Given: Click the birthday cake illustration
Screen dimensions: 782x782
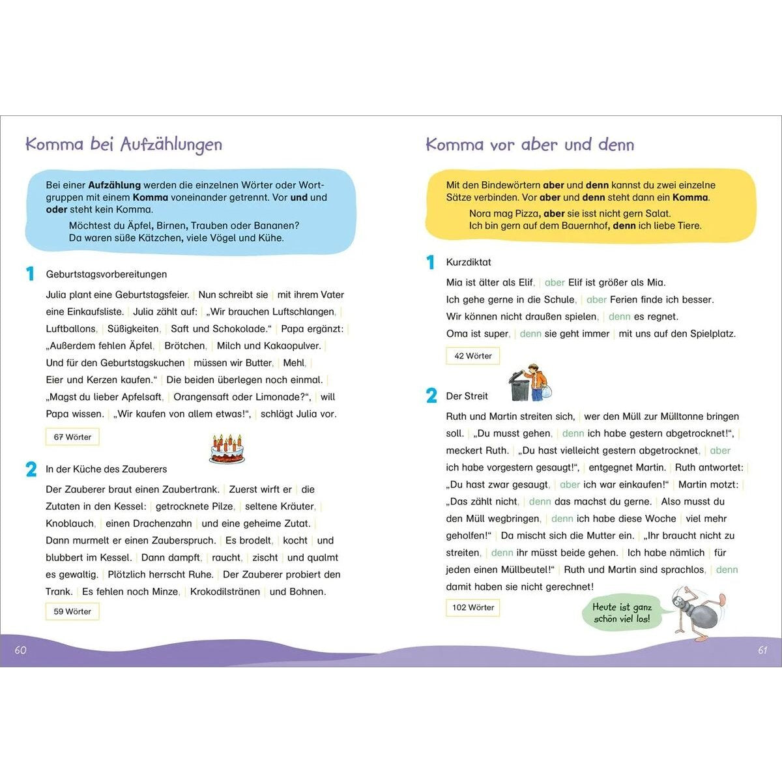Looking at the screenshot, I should coord(227,449).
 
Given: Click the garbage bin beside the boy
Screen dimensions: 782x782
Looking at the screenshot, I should coord(519,387).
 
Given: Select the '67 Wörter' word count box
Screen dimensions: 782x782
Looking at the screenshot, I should coord(72,437).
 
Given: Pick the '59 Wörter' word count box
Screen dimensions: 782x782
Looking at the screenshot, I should coord(72,611).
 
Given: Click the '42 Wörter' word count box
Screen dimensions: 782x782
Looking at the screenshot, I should coord(473,356).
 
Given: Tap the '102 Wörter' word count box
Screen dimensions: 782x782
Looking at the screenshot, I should coord(473,607).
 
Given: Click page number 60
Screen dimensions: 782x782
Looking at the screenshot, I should coord(21,650).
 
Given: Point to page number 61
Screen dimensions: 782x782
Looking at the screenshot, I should coord(762,650).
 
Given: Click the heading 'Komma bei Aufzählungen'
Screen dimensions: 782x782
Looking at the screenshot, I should coord(124,145).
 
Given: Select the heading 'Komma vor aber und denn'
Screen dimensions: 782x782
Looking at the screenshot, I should coord(530,145).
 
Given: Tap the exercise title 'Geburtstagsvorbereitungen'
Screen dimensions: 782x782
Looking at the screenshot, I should coord(106,274).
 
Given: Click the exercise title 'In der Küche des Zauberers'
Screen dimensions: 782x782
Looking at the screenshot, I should coord(106,469).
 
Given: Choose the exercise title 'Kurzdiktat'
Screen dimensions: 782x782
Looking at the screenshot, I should coord(469,262).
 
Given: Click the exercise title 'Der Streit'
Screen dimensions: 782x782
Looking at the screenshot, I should coord(467,396).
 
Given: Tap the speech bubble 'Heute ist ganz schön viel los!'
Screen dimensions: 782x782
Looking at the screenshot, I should coord(621,613).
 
